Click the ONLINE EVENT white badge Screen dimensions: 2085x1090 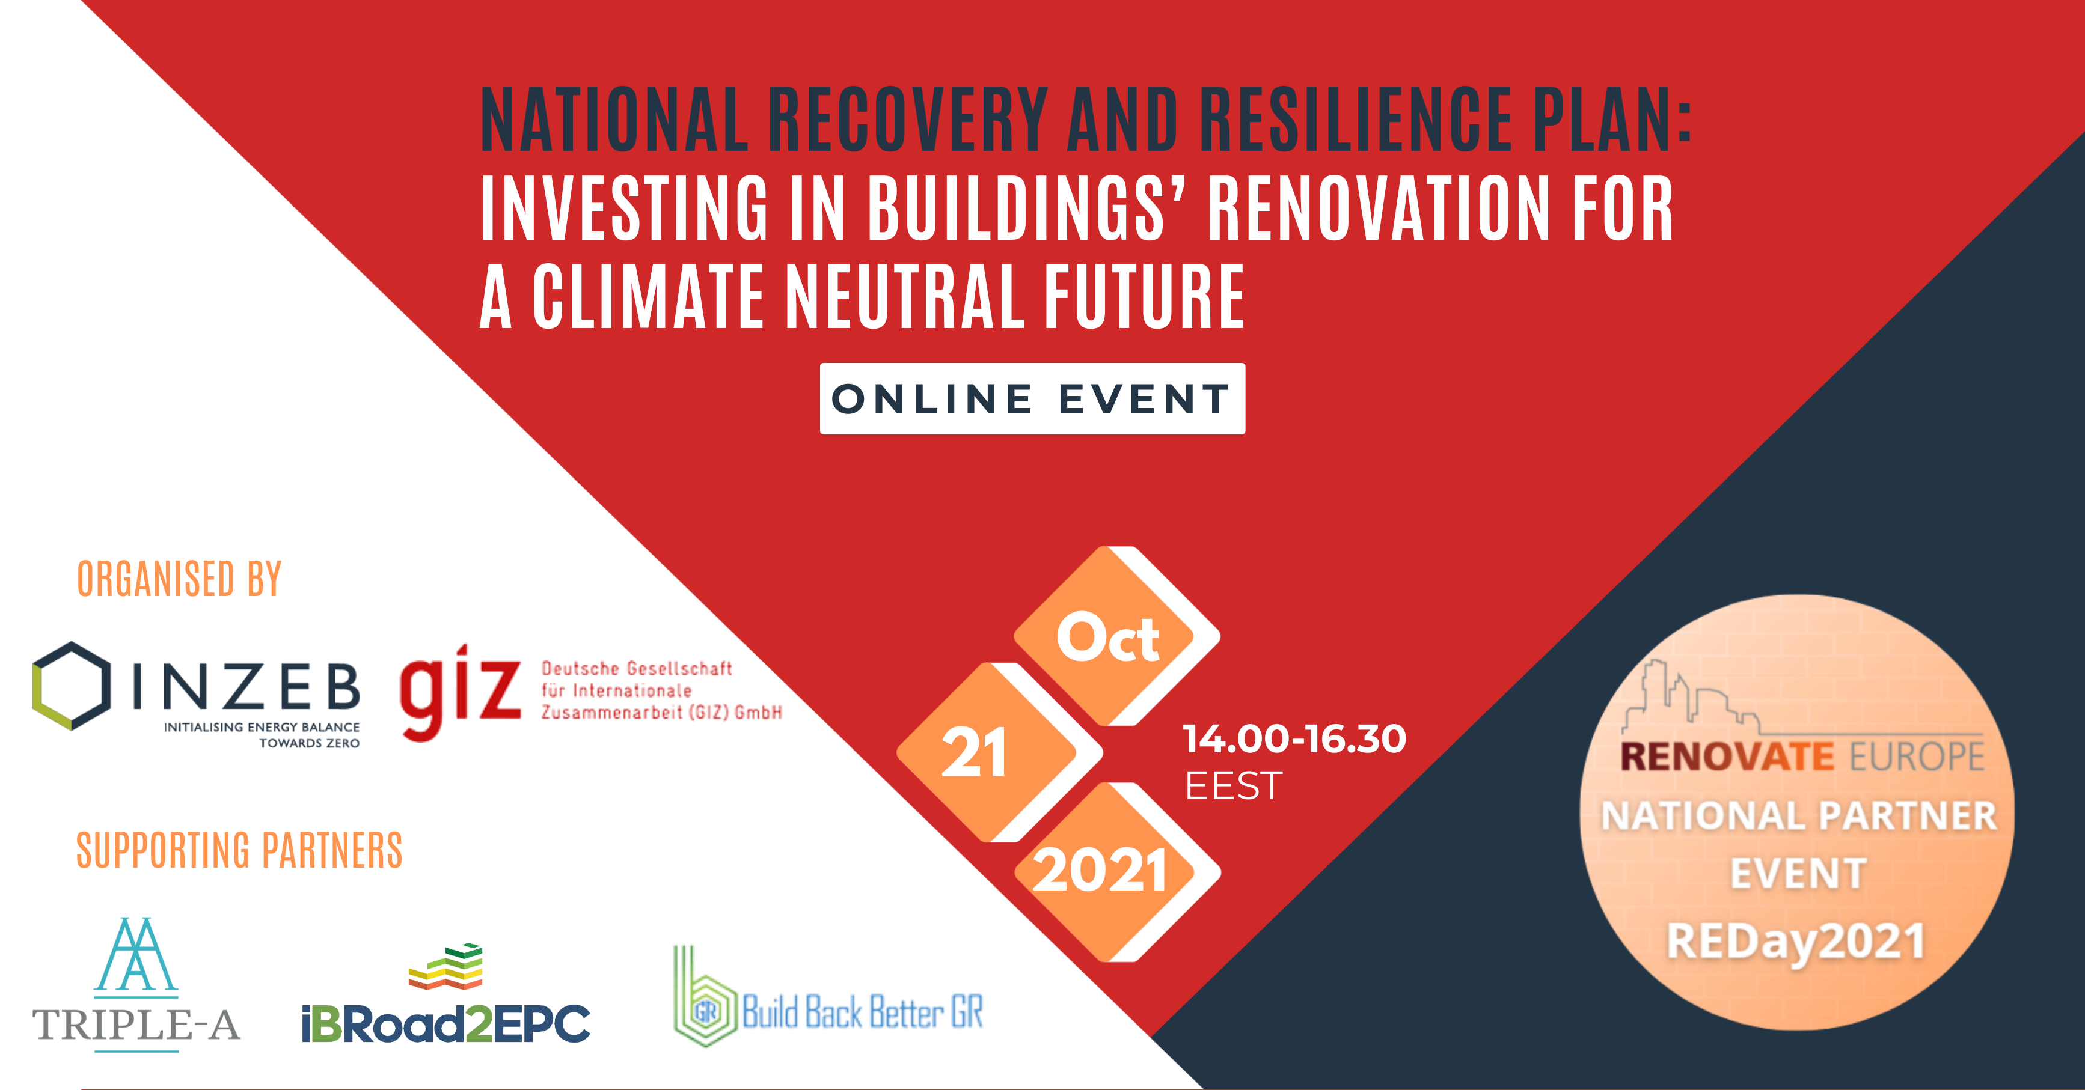[x=1032, y=399]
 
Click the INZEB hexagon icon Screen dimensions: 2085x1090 [x=71, y=686]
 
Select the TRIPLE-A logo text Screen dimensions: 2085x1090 [x=136, y=1025]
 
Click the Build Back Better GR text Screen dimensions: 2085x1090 [x=863, y=1011]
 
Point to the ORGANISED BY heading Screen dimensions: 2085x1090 [x=179, y=579]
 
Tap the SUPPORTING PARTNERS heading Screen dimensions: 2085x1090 [x=239, y=850]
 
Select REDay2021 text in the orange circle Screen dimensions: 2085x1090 [x=1796, y=943]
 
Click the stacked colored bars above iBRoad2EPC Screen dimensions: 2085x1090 [x=446, y=966]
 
